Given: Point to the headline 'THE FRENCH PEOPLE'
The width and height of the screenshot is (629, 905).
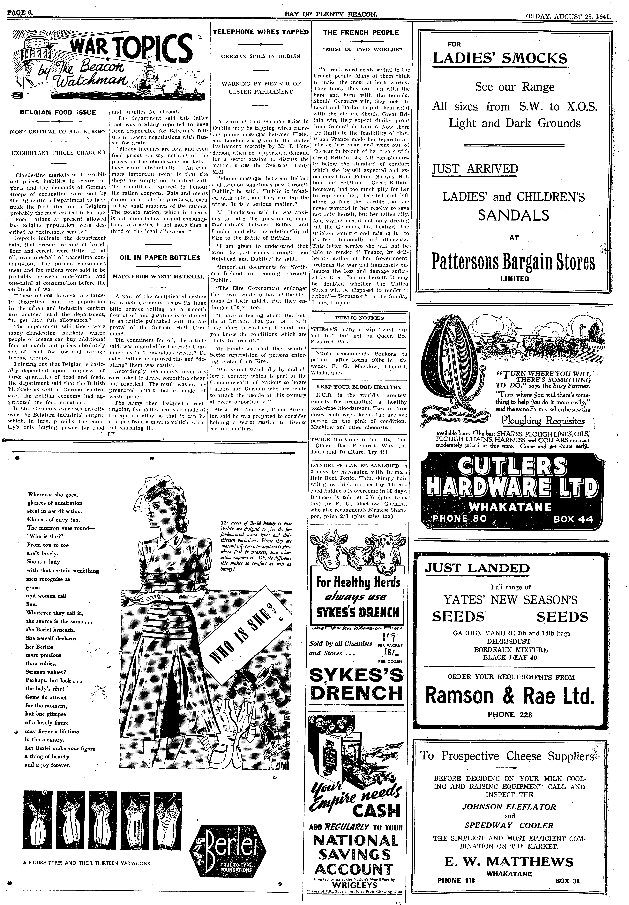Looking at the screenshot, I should click(x=361, y=33).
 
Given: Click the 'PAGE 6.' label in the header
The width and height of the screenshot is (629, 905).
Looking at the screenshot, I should click(x=19, y=4).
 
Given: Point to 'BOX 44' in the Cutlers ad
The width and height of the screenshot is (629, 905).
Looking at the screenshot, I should click(x=573, y=519).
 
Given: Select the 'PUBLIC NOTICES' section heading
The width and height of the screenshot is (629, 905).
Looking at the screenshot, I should click(x=359, y=318).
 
